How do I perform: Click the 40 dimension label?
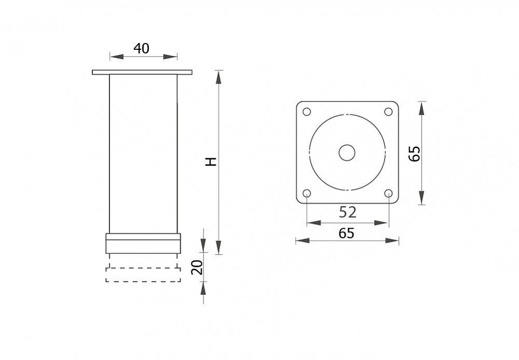[141, 48]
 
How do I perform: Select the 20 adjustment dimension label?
[197, 267]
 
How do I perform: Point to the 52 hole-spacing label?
[348, 212]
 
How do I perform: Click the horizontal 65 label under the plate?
[347, 233]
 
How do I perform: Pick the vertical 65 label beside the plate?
[414, 153]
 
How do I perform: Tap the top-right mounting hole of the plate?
[388, 112]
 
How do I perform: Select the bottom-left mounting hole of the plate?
[307, 193]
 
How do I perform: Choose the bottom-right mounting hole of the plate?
[388, 193]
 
